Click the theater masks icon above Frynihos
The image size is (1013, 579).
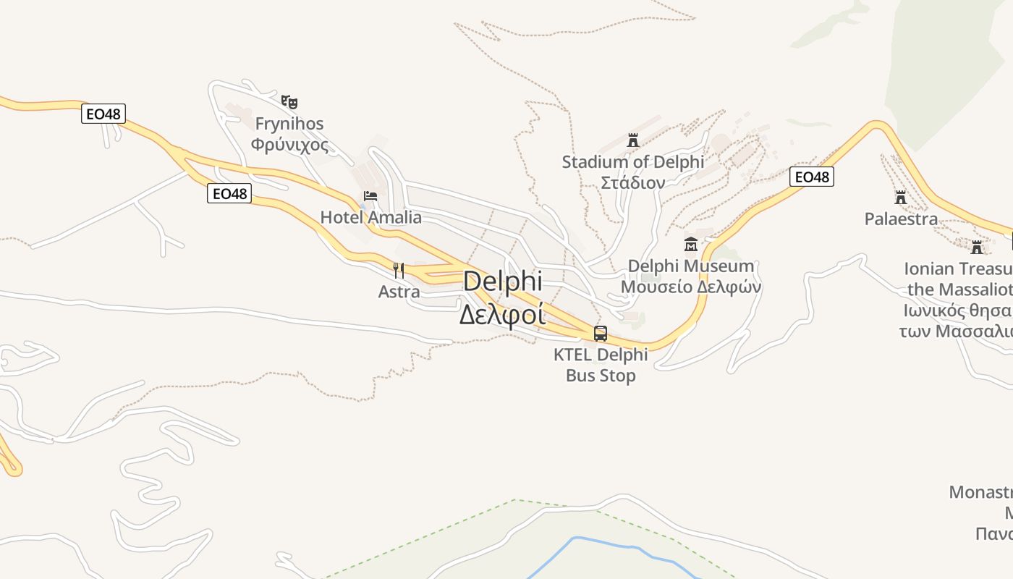289,102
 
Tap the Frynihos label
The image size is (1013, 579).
289,124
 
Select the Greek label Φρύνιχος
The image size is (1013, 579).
289,144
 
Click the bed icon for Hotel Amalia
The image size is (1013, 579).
370,195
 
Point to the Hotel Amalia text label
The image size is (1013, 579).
370,217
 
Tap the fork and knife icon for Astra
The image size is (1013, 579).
399,271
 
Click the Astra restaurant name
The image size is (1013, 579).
399,292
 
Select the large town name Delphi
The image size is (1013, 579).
503,282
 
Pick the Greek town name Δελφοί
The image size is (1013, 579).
503,315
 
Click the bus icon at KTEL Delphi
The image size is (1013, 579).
601,334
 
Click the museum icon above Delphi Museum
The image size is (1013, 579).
690,245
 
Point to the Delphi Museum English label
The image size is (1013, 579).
690,266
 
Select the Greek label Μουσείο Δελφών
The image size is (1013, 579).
690,287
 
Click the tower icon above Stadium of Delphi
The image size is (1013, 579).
633,140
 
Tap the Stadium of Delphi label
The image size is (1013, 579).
633,161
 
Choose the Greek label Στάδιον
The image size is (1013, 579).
633,182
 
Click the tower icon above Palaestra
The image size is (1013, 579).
901,197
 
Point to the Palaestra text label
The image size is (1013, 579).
901,219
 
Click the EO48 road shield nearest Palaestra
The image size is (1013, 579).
811,177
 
